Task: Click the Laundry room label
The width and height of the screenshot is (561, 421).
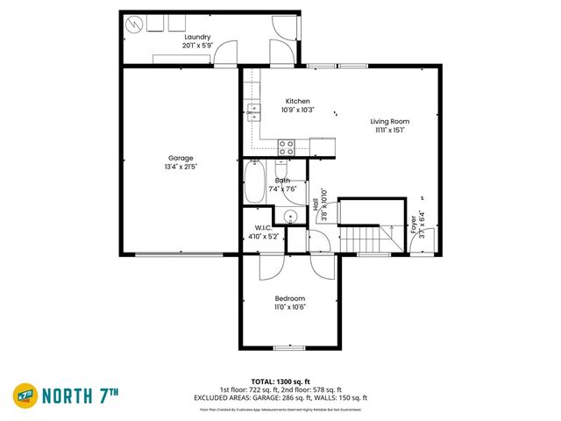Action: tap(197, 36)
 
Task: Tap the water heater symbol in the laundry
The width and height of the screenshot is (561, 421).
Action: tap(133, 24)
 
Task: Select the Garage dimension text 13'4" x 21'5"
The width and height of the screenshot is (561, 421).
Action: tap(181, 168)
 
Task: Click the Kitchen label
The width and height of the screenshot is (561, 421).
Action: tap(297, 101)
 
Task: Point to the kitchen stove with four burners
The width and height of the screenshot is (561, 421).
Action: tap(287, 147)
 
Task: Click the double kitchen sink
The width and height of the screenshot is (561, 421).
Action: tap(252, 111)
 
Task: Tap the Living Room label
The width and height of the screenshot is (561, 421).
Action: tap(389, 121)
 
